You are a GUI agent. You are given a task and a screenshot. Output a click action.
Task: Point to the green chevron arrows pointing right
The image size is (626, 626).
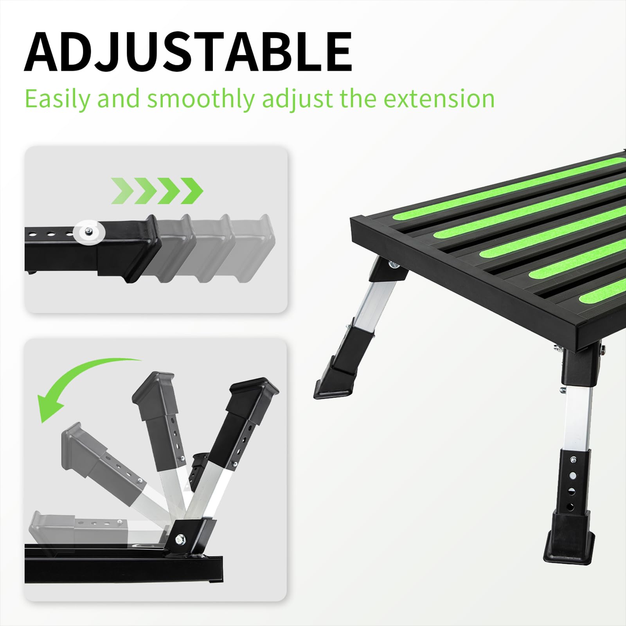tap(157, 191)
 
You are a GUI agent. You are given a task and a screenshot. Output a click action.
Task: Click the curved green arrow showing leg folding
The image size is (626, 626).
tap(78, 383)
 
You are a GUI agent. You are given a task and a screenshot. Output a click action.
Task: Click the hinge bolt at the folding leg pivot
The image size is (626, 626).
tap(181, 540)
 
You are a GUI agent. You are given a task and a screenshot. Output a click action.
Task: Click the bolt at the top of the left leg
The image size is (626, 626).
tap(393, 265)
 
